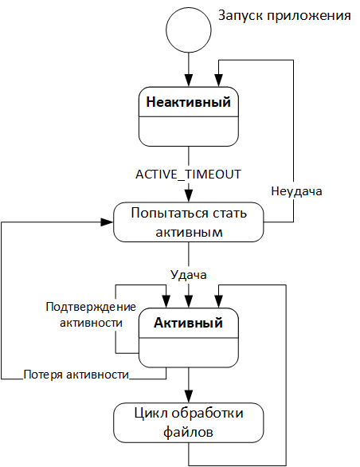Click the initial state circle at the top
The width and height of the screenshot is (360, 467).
(x=189, y=27)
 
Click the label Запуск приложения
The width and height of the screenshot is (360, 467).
(x=284, y=15)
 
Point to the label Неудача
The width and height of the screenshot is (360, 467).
(x=295, y=191)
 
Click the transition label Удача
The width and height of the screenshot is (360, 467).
(x=188, y=275)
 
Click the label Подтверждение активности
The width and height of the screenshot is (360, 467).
(x=90, y=315)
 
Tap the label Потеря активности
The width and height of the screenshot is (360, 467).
(x=76, y=373)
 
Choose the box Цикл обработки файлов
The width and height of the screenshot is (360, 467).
(x=188, y=423)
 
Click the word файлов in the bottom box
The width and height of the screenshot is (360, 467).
(x=188, y=433)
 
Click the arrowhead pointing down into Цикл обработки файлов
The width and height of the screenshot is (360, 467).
(x=189, y=398)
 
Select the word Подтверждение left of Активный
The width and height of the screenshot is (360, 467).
(x=91, y=307)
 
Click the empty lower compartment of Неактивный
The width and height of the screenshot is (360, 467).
(x=189, y=131)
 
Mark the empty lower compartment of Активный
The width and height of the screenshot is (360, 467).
(x=189, y=355)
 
